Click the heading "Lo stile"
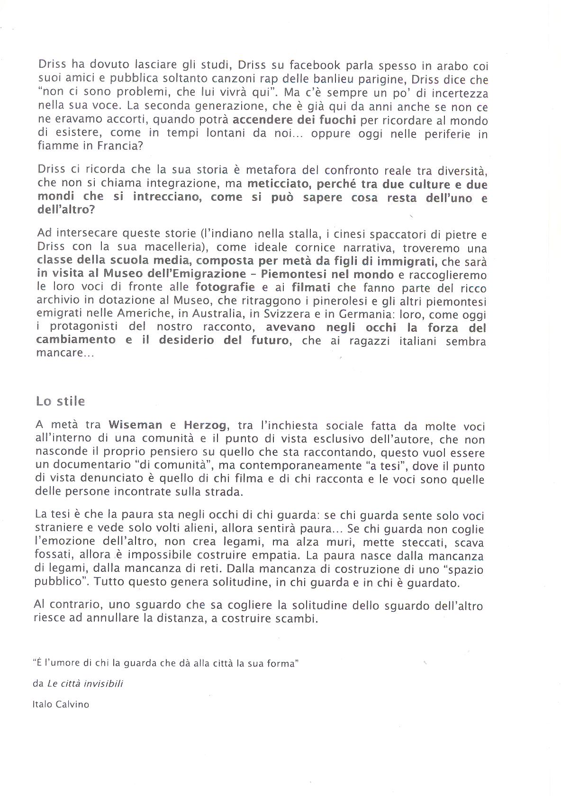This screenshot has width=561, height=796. coord(61,401)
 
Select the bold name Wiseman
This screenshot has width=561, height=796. coord(135,425)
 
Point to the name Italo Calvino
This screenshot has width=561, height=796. coord(61,704)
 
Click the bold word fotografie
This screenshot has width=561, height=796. coord(225,287)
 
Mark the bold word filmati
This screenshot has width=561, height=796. coord(311,287)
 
